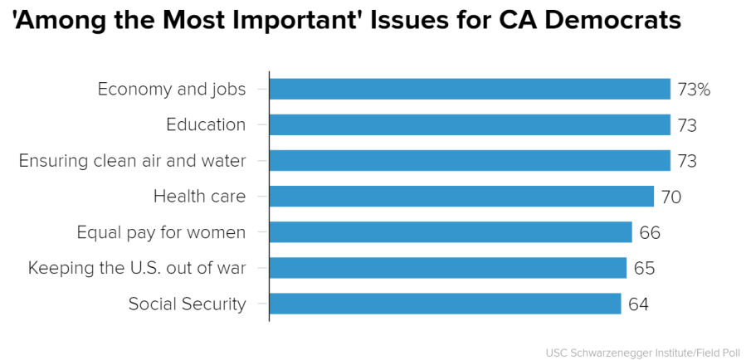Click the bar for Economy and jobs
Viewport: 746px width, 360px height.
[470, 89]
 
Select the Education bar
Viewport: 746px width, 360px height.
[470, 124]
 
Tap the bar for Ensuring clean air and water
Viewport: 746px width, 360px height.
[470, 160]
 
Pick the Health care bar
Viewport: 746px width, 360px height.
[461, 196]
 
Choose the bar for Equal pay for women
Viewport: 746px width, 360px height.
[451, 231]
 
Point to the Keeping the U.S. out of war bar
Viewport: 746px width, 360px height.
[447, 267]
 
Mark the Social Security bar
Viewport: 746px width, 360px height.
[445, 304]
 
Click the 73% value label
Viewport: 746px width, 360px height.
[694, 90]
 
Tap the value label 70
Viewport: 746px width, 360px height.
[670, 197]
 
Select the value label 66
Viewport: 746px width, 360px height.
[649, 232]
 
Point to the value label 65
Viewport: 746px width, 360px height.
[644, 268]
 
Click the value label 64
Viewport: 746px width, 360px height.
[638, 304]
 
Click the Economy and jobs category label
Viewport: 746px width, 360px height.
[172, 89]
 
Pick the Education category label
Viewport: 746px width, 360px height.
[206, 124]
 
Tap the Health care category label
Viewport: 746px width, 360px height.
[200, 197]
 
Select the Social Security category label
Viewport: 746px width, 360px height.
[187, 304]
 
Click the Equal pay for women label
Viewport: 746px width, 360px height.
[161, 232]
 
